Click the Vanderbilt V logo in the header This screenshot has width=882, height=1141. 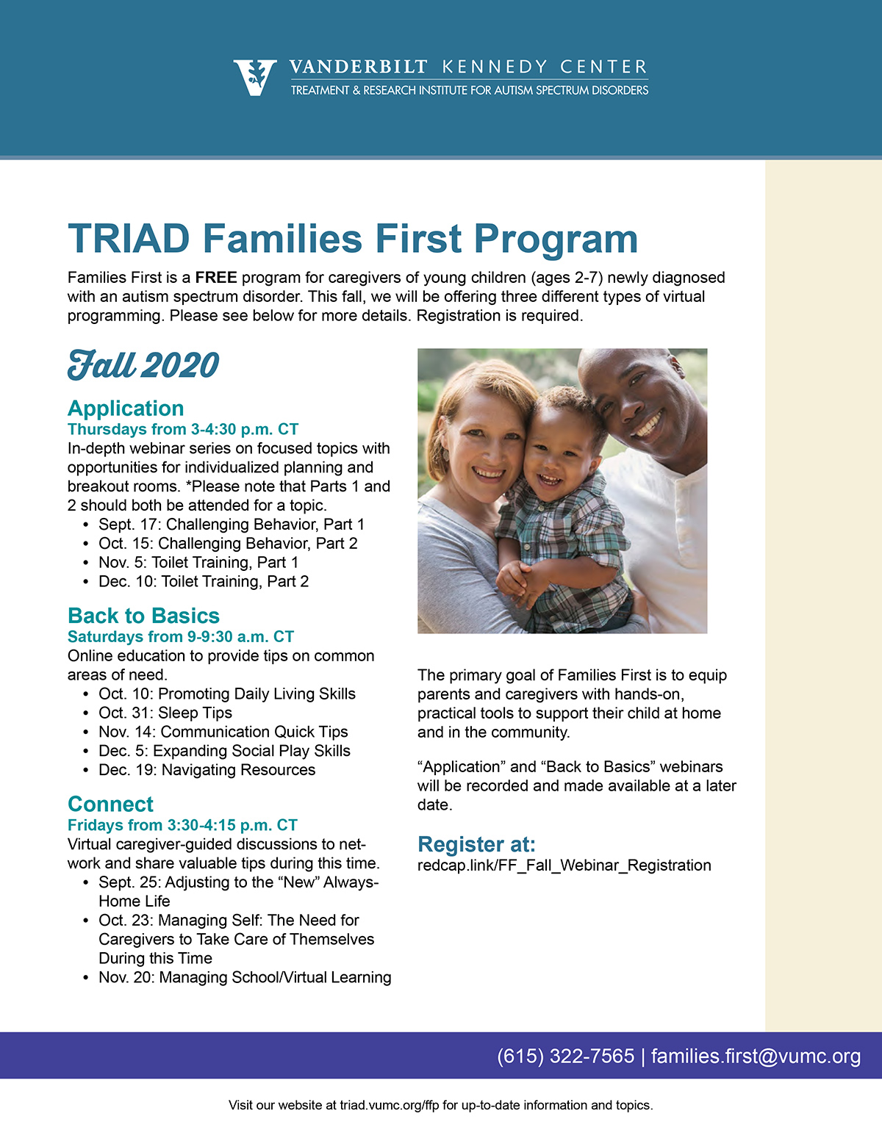point(255,77)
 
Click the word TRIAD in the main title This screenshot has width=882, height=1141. point(129,239)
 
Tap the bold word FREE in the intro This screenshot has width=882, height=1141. point(216,278)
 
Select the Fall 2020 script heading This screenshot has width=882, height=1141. point(143,365)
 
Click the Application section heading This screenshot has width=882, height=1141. point(126,408)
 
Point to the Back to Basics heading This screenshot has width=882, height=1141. point(143,616)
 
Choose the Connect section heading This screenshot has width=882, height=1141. point(110,804)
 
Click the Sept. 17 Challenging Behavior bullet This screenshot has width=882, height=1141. point(231,525)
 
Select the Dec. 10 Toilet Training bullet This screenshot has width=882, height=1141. point(204,582)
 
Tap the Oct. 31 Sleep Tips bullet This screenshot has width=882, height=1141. point(165,713)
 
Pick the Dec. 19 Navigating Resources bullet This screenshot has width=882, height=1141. point(207,770)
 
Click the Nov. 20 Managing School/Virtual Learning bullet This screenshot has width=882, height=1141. point(245,977)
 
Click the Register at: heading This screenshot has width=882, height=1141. point(476,844)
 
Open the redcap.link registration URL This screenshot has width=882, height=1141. point(564,865)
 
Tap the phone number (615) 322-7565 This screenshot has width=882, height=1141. point(565,1057)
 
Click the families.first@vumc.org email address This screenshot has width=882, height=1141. point(756,1057)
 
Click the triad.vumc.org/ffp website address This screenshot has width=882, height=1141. point(389,1105)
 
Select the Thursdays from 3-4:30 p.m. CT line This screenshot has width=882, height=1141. point(183,429)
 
